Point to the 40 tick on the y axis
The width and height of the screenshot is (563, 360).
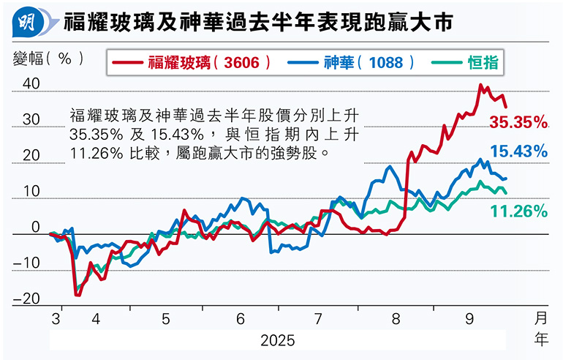tap(31, 84)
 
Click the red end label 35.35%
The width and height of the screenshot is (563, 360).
tap(518, 121)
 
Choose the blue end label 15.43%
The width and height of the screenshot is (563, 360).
tap(518, 152)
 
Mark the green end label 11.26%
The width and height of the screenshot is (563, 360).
tap(518, 212)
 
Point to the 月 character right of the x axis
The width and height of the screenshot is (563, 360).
tap(540, 318)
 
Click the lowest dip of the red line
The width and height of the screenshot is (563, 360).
tap(77, 295)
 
